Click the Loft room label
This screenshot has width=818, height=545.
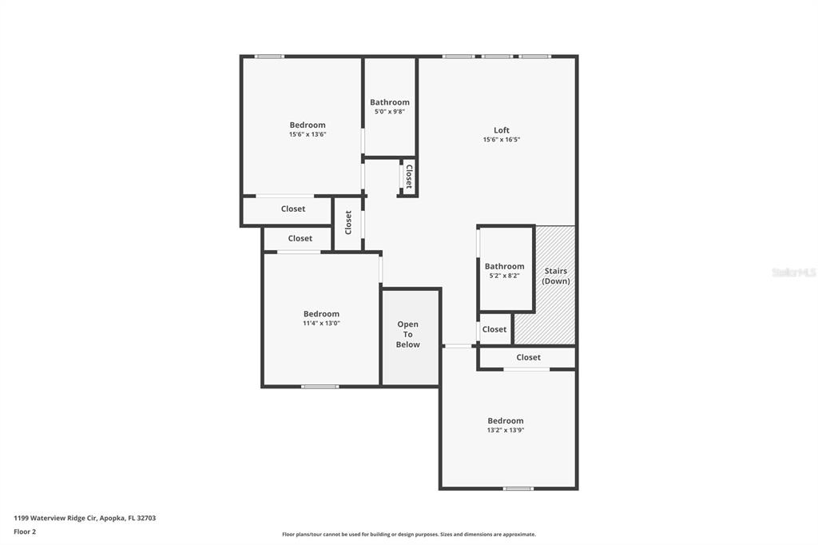point(502,130)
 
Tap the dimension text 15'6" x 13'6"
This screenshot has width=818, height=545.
point(308,134)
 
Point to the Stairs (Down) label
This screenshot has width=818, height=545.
point(556,276)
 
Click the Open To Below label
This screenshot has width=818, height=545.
point(408,334)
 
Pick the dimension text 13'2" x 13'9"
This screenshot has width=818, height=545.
point(506,430)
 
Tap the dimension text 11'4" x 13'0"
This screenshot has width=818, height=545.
point(321,323)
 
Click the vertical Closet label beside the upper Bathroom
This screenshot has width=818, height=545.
point(409,177)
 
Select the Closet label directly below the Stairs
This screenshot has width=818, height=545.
point(529,357)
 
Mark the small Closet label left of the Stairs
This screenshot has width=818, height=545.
point(494,329)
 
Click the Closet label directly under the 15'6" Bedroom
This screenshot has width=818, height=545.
point(293,209)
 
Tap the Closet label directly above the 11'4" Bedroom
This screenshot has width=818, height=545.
point(300,239)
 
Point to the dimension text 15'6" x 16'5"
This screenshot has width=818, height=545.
point(502,139)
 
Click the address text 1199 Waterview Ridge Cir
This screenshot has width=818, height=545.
point(55,518)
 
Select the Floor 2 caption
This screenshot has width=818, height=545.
point(25,532)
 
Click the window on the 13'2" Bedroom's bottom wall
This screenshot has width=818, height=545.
point(518,488)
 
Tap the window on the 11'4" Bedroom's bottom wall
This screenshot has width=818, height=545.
point(320,387)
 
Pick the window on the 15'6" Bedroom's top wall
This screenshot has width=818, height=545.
point(269,57)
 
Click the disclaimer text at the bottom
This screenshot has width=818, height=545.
point(409,534)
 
